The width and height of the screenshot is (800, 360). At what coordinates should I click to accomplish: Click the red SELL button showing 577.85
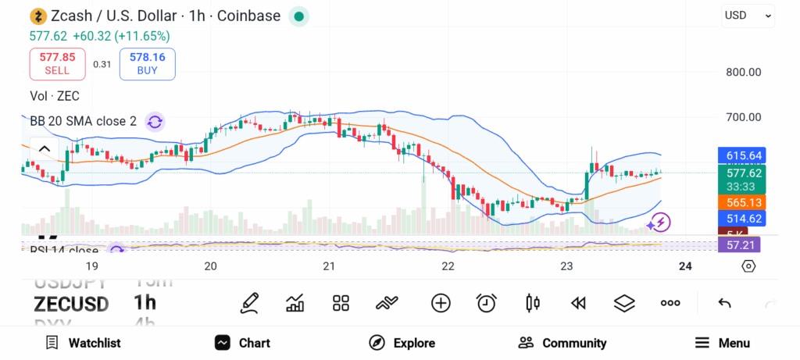[x=57, y=63]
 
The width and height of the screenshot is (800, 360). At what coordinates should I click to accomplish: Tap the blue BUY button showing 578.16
[x=147, y=63]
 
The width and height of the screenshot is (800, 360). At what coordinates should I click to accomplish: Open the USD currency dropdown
[x=748, y=15]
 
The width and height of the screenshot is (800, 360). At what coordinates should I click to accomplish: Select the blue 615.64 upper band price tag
[x=739, y=155]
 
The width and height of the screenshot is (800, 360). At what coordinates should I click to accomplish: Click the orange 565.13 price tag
[x=739, y=202]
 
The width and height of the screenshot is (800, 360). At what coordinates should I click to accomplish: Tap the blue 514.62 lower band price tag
[x=739, y=219]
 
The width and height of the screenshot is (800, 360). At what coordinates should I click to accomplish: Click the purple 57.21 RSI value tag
[x=739, y=246]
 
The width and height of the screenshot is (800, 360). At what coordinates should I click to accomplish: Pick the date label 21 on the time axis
[x=329, y=266]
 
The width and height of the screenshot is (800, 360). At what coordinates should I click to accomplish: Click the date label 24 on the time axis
[x=685, y=266]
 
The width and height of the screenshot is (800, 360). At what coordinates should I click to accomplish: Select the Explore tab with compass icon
[x=402, y=343]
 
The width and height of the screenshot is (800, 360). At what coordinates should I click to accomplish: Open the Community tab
[x=562, y=343]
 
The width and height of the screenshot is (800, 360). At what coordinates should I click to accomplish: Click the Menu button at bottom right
[x=723, y=343]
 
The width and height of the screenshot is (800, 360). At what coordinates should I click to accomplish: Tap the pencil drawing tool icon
[x=249, y=303]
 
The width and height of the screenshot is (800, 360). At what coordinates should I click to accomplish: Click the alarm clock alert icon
[x=487, y=303]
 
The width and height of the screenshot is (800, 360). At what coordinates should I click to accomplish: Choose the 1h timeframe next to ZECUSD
[x=145, y=303]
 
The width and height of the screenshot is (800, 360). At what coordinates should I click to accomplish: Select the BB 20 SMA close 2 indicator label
[x=83, y=121]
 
